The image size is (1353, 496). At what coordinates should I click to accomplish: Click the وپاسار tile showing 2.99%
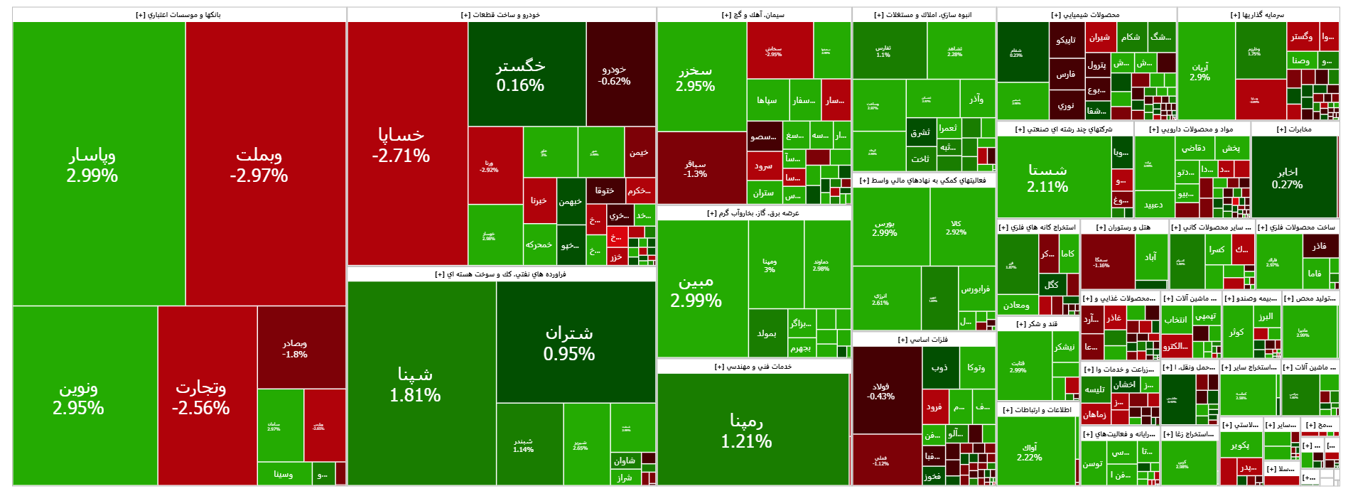92,165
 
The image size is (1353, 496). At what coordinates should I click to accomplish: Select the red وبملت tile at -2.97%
259,165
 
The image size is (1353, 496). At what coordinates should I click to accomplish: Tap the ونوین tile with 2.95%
79,397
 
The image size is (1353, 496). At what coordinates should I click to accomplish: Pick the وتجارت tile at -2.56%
201,397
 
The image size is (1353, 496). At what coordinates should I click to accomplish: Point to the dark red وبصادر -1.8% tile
295,348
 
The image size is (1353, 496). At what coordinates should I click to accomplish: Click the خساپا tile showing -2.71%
401,145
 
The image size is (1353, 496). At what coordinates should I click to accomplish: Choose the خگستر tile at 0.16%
521,75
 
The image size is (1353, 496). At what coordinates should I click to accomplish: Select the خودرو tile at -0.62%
615,75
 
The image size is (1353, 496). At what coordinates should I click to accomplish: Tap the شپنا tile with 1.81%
416,384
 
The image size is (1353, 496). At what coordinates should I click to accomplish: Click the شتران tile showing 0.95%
569,343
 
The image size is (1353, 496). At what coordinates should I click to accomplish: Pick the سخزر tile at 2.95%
696,78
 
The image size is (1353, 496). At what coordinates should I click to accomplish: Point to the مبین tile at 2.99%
696,291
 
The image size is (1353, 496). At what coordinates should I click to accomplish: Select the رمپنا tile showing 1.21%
747,431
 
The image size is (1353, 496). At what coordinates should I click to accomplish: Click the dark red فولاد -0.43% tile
881,391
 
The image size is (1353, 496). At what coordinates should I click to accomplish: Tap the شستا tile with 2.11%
1048,178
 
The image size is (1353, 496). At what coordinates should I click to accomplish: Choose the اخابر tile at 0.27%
1288,178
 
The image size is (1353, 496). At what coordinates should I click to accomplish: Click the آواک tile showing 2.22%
1030,452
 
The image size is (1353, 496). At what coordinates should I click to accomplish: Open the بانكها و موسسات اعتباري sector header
179,15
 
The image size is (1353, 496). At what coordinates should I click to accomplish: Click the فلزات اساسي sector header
924,340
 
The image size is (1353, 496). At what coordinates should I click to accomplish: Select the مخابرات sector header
1295,129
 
